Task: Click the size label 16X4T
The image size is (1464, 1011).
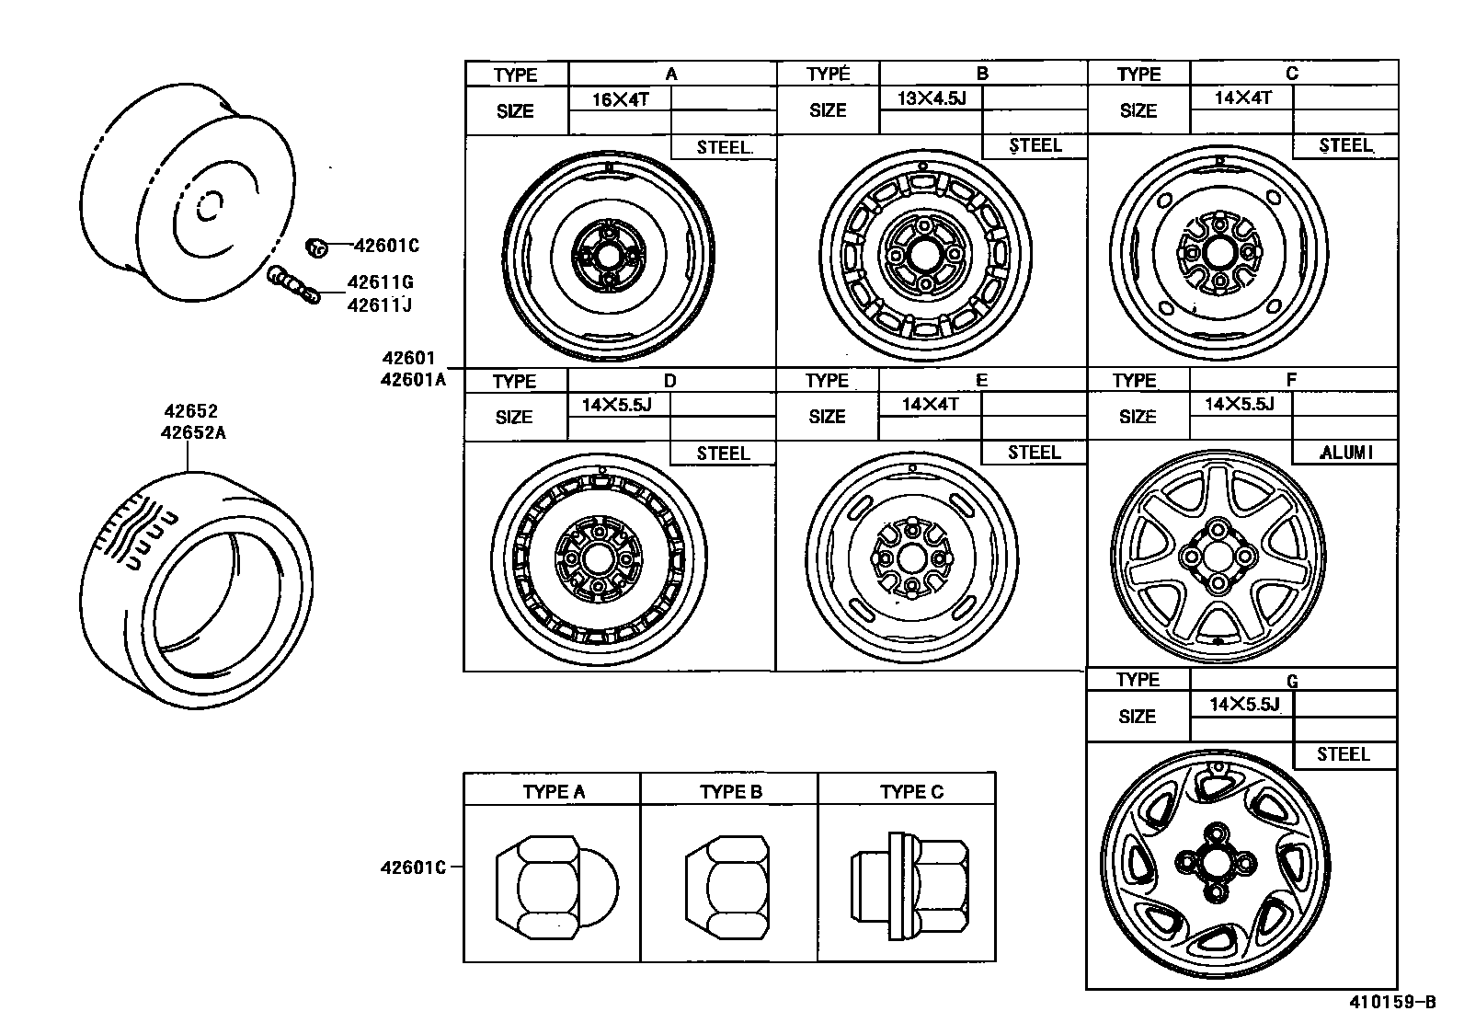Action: (x=620, y=99)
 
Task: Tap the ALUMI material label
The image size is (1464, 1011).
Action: (x=1344, y=452)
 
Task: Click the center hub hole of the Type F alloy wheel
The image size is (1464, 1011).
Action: (x=1218, y=556)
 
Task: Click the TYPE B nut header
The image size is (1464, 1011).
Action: (x=730, y=791)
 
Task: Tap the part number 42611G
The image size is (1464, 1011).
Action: (x=380, y=283)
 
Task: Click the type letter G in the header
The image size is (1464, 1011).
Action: (x=1292, y=682)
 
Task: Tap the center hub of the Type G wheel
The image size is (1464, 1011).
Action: (x=1215, y=861)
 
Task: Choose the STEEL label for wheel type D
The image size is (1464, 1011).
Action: (x=723, y=454)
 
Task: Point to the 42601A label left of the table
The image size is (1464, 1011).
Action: (x=412, y=378)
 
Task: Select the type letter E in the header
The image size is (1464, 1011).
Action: (x=981, y=380)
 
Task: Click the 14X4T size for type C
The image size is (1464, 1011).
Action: (x=1242, y=98)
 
